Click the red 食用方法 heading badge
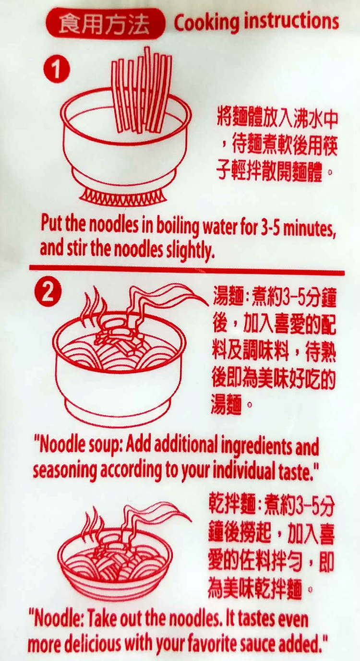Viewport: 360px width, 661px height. [x=105, y=24]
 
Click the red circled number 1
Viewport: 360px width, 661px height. [x=57, y=69]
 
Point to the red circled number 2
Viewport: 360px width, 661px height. [x=48, y=292]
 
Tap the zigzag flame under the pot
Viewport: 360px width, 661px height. [x=124, y=195]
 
